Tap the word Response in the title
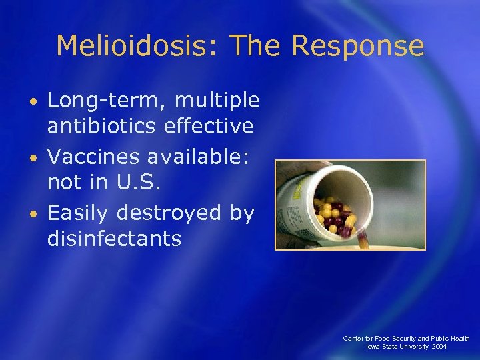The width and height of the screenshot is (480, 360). pos(357,46)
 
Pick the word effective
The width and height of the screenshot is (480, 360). pos(210,125)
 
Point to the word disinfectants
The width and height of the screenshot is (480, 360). pos(114,238)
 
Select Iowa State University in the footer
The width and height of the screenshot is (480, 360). pos(397,347)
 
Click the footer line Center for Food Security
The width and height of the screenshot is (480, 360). pos(406,338)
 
